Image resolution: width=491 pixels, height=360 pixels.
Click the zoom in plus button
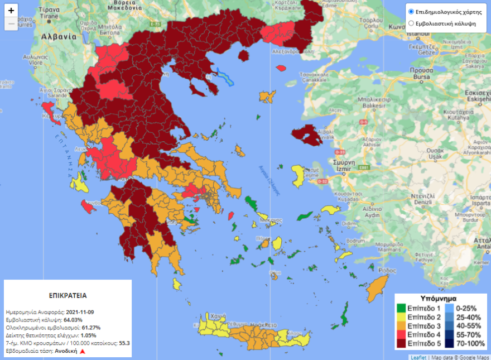11,11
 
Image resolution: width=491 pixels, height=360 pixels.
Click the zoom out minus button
11,24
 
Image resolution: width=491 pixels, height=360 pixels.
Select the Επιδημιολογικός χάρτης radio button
411,11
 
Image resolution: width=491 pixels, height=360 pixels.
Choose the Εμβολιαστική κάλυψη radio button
411,23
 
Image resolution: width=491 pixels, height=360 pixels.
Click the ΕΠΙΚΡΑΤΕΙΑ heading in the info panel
68,295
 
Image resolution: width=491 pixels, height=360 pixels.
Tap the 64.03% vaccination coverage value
73,319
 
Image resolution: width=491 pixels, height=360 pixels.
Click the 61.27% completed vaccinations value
91,327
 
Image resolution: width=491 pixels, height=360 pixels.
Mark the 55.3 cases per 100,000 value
124,343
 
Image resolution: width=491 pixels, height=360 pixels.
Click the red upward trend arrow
83,352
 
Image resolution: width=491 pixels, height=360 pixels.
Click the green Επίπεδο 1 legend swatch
401,308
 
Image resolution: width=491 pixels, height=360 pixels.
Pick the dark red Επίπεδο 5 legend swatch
401,342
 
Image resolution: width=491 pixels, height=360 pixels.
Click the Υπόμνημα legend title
440,299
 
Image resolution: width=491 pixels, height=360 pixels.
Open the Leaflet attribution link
418,357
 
